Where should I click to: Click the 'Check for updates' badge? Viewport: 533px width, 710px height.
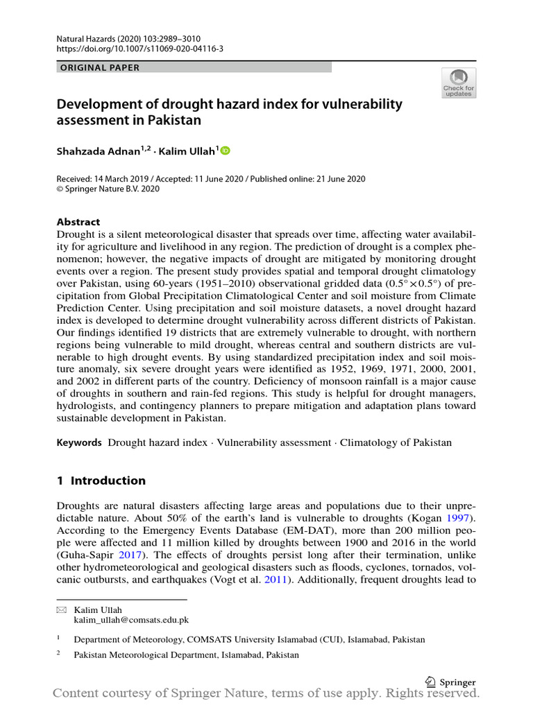tap(458, 83)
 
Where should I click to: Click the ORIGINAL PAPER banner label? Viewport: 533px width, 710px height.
tap(99, 67)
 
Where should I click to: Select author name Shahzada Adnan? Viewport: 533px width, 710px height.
tap(96, 150)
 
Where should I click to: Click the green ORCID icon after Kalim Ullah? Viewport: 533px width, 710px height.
tap(226, 150)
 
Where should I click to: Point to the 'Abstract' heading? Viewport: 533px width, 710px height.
tap(78, 222)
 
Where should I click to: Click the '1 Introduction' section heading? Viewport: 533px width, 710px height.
tap(101, 480)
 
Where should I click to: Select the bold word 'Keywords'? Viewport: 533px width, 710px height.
tap(78, 442)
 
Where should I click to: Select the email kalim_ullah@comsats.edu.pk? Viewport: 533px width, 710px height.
tap(136, 620)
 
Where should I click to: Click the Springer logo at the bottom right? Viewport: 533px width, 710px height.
tap(450, 682)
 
